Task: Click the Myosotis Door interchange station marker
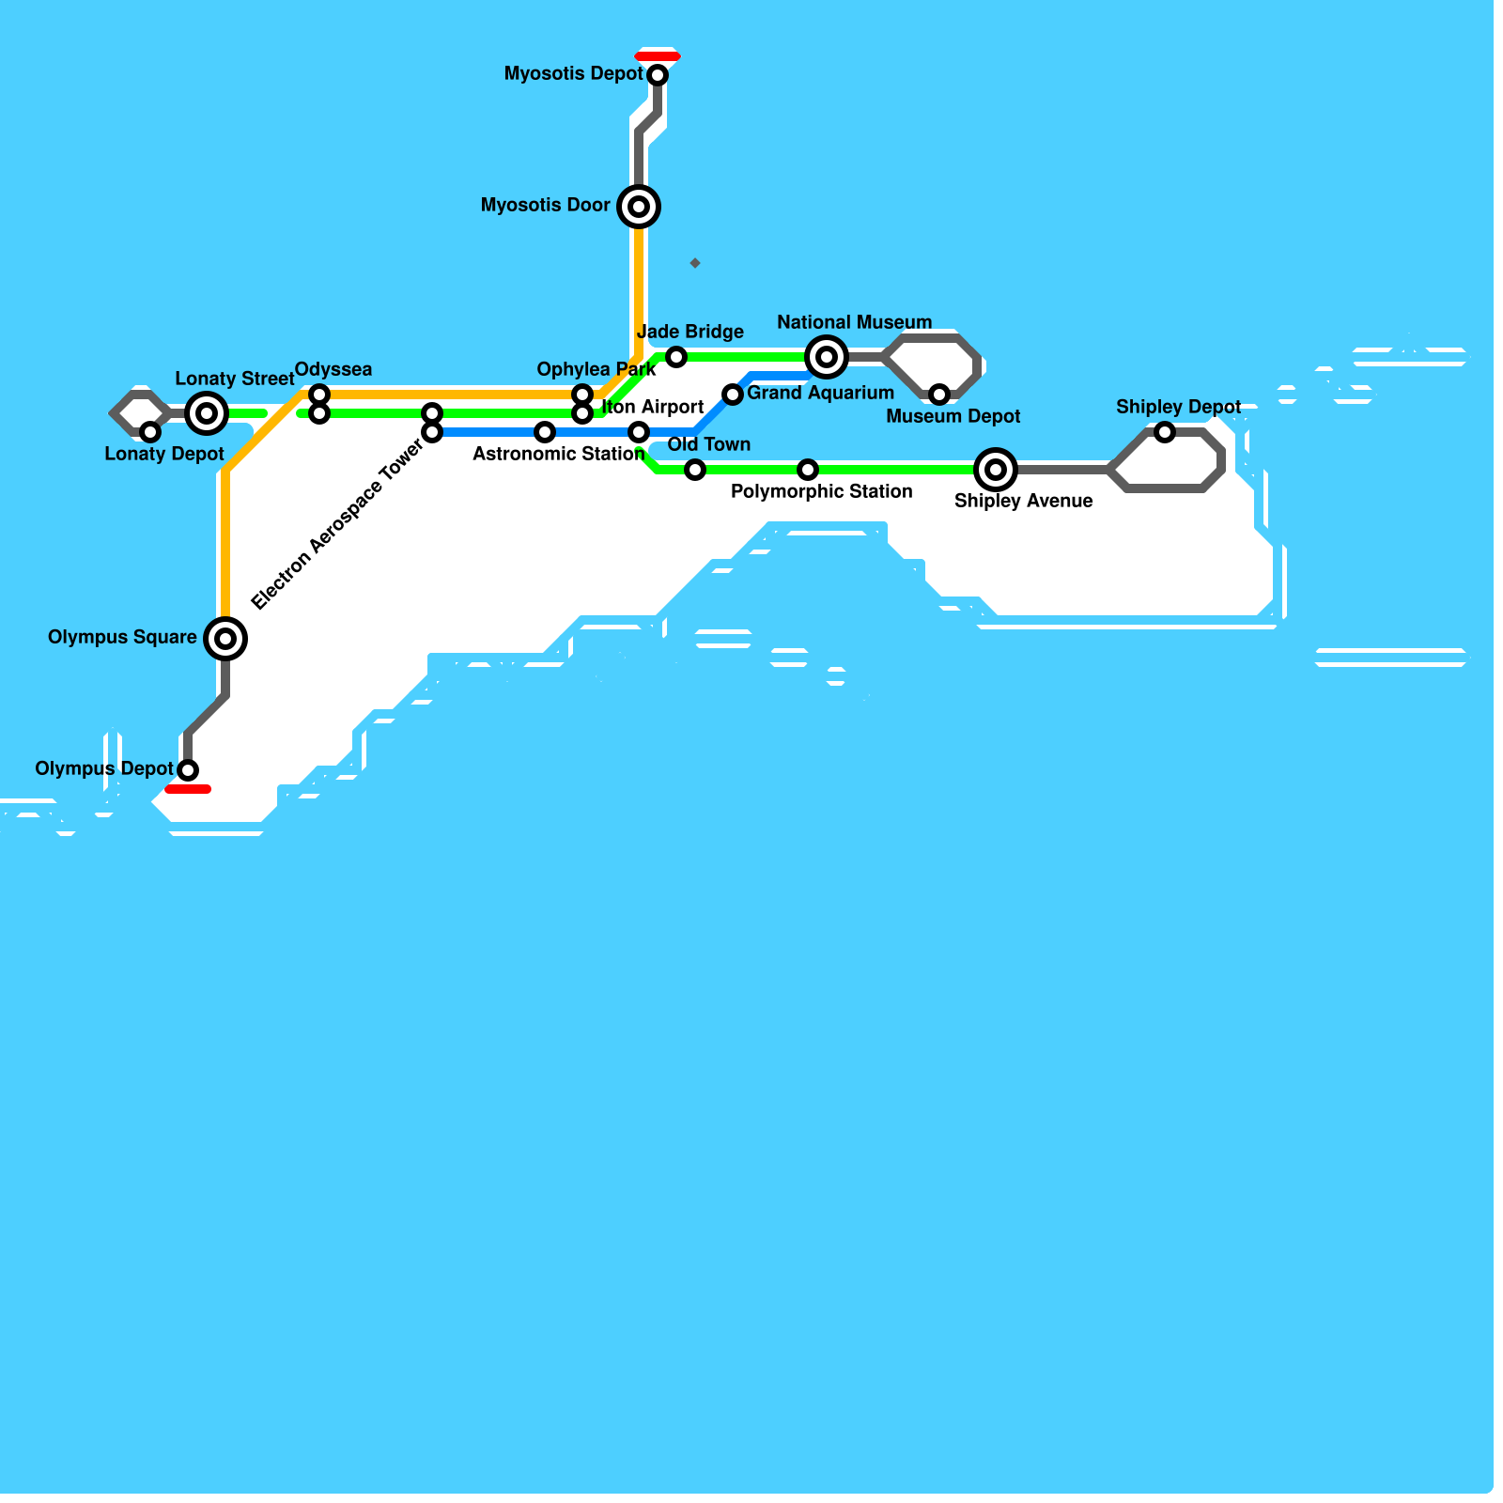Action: coord(639,207)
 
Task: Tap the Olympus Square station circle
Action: coord(225,639)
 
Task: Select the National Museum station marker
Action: coord(827,357)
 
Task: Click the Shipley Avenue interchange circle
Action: coord(996,470)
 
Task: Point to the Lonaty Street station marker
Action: coord(207,413)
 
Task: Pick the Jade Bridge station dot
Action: coord(676,357)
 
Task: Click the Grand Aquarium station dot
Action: coord(733,395)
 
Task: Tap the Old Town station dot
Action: coord(695,470)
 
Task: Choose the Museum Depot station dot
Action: coord(939,395)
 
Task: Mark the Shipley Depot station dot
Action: coord(1165,432)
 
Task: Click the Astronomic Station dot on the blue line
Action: coord(545,432)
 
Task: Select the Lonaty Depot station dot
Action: coord(150,432)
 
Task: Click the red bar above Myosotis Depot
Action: coord(658,56)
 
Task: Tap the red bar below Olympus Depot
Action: coord(188,789)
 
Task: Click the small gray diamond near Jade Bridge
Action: coord(695,263)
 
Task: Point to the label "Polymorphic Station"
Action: coord(821,491)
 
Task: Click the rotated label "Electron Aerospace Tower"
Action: coord(337,525)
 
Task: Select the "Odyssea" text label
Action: coord(333,369)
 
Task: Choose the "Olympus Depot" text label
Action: coord(104,768)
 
